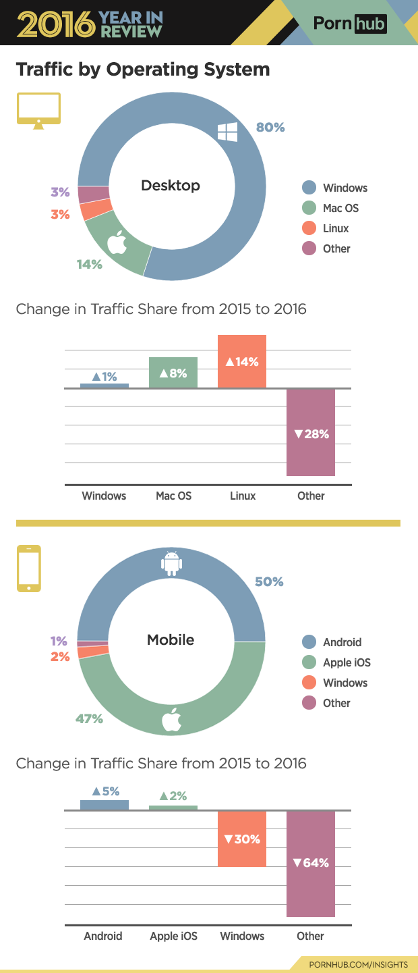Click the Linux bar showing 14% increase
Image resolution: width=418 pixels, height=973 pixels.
[x=242, y=361]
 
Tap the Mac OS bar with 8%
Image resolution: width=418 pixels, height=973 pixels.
[x=173, y=372]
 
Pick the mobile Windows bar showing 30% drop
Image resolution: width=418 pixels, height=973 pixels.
[x=242, y=839]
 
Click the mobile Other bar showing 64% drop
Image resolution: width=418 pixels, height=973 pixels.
[x=311, y=863]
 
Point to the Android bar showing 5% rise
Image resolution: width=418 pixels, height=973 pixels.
[x=104, y=804]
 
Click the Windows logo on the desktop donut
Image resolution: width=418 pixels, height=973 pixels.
[x=227, y=132]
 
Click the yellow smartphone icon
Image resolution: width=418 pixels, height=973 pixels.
[x=29, y=569]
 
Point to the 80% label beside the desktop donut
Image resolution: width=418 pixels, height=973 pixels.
[x=270, y=127]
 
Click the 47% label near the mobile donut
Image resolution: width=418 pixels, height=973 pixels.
[x=89, y=719]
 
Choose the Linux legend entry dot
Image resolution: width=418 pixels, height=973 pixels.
[x=309, y=228]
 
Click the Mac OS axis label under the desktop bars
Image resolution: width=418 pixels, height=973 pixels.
[x=173, y=496]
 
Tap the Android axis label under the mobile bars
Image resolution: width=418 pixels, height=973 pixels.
[x=103, y=936]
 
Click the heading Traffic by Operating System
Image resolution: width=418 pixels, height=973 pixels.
[x=143, y=69]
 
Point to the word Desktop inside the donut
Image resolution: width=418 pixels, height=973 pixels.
[x=171, y=185]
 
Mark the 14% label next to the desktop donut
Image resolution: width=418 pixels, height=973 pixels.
[x=89, y=264]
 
